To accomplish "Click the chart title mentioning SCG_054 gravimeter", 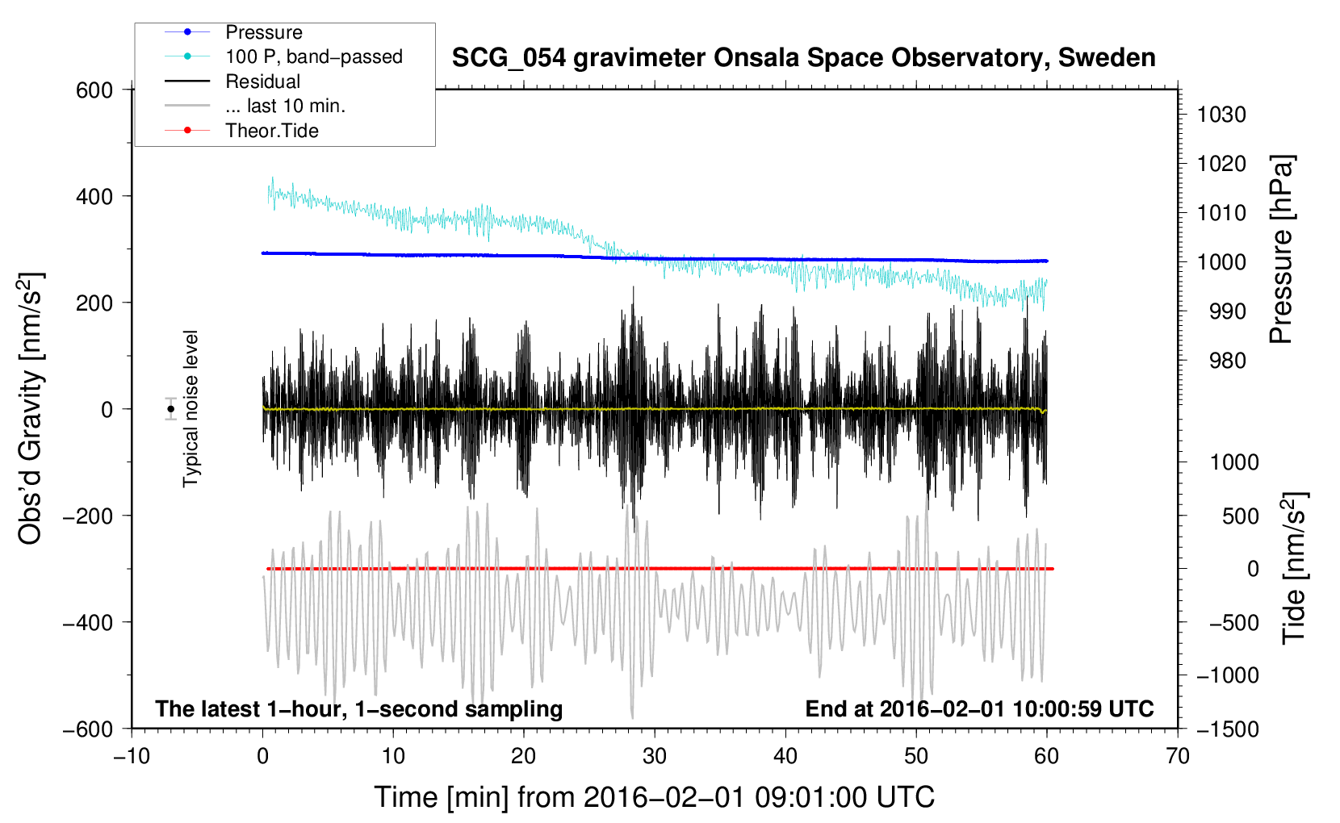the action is tap(803, 58).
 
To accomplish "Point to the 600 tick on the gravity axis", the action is tap(94, 90).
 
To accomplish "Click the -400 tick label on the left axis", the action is tap(88, 623).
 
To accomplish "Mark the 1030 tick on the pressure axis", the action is tap(1221, 115).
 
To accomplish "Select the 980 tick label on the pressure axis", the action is tap(1228, 361).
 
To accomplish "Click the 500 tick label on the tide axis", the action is tap(1241, 516).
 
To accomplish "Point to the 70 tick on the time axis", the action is tap(1178, 756).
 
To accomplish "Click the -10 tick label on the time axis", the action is tap(132, 756).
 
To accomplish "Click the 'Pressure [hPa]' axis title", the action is tap(1281, 249).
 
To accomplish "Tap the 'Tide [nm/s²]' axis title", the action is tap(1295, 568).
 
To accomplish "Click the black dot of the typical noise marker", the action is tap(170, 409).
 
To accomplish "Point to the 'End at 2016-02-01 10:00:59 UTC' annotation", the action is tap(979, 708).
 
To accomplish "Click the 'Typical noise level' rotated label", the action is tap(191, 409).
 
